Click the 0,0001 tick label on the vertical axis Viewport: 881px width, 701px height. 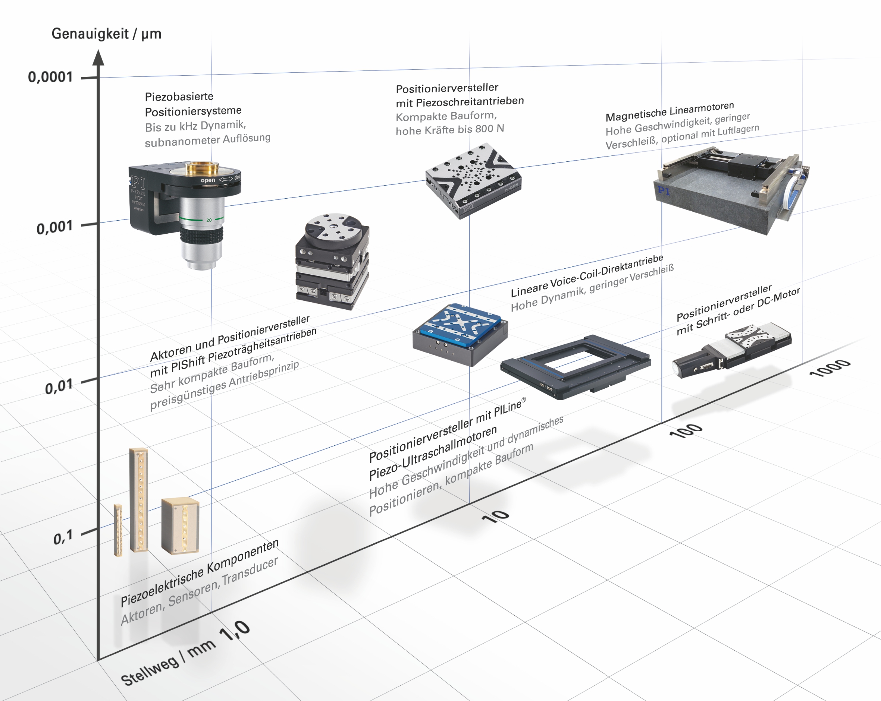(50, 77)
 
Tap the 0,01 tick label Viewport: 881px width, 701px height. (59, 386)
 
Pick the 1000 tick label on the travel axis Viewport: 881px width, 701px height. (830, 368)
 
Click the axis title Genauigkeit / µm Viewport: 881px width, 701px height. (106, 34)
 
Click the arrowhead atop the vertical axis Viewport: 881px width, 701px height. (98, 57)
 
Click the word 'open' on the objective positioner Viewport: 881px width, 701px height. (208, 180)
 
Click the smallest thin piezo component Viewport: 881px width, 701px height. (118, 530)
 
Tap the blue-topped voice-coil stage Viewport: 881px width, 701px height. (460, 334)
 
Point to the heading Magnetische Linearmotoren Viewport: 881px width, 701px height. (670, 111)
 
